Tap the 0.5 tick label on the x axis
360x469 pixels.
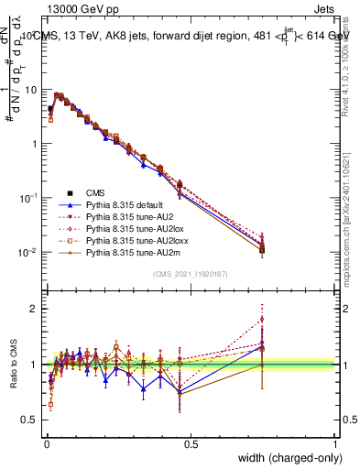[191, 442]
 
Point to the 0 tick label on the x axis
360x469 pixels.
[46, 442]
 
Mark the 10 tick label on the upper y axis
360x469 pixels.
[32, 90]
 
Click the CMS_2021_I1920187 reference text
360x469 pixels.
[191, 273]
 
